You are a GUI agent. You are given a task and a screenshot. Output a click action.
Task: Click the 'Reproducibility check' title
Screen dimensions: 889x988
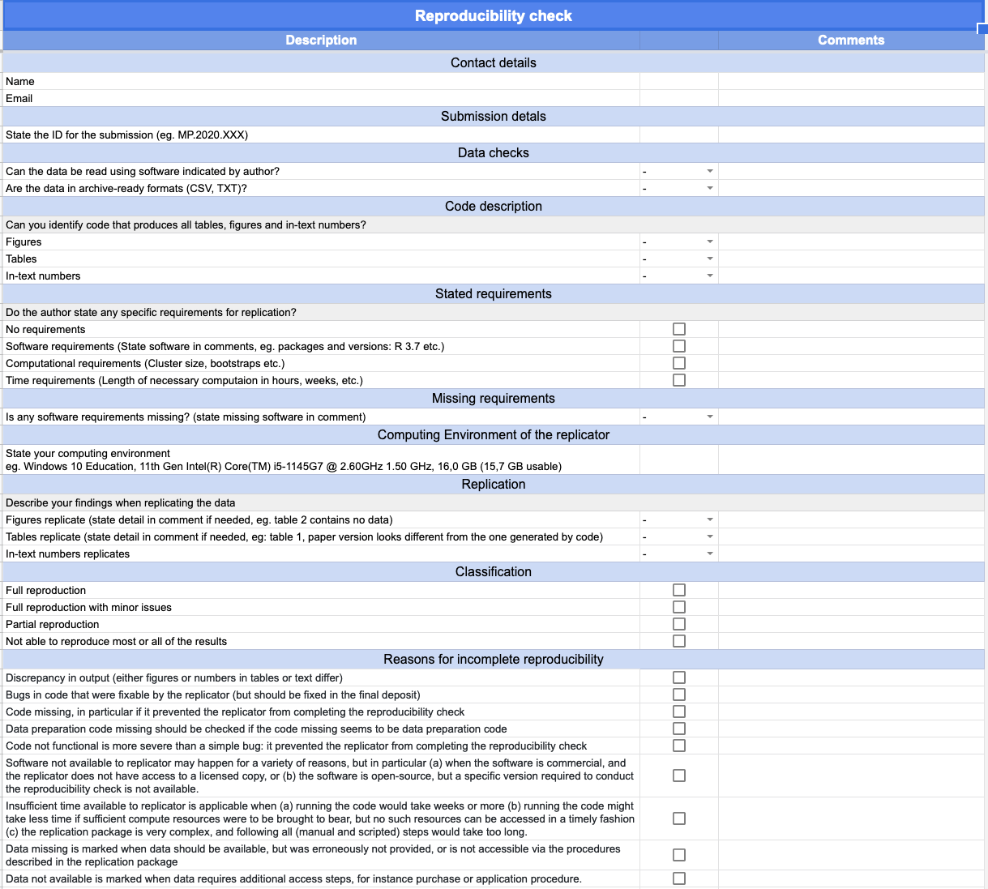pos(493,16)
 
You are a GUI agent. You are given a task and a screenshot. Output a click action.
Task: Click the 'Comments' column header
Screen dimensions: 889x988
pos(850,40)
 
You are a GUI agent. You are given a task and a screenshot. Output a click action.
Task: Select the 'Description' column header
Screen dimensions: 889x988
pos(321,40)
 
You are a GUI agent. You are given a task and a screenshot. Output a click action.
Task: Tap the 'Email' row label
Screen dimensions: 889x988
pos(19,98)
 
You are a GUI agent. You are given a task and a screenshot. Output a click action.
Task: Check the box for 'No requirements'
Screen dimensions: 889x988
pos(679,329)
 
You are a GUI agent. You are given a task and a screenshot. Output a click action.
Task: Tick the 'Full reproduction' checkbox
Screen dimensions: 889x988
pos(679,590)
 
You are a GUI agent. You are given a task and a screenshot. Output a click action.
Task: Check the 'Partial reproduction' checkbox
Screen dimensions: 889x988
pos(679,624)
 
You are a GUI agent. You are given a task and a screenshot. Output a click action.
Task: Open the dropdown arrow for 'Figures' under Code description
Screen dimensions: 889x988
pos(710,241)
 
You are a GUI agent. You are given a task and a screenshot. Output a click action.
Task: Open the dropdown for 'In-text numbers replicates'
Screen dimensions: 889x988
pos(710,553)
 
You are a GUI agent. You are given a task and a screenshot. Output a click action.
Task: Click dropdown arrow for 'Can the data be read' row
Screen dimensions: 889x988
pos(710,171)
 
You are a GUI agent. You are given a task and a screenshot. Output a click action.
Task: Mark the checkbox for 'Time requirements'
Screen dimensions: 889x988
pos(679,380)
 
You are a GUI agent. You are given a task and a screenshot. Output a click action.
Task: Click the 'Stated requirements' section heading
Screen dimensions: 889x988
pos(493,293)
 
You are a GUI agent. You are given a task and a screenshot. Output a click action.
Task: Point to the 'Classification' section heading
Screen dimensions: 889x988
pos(493,571)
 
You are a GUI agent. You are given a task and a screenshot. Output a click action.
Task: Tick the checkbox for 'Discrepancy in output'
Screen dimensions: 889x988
pos(679,677)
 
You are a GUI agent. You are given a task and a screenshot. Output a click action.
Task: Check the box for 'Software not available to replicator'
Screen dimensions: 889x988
pos(679,776)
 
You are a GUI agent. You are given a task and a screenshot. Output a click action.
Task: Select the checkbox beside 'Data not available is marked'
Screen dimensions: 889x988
pos(679,878)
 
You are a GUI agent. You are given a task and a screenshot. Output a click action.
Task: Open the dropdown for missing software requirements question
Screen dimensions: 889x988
pos(710,417)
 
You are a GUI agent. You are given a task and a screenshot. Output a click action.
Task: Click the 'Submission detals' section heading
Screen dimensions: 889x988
pos(493,116)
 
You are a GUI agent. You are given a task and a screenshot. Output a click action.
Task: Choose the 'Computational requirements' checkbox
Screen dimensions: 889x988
pos(679,363)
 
